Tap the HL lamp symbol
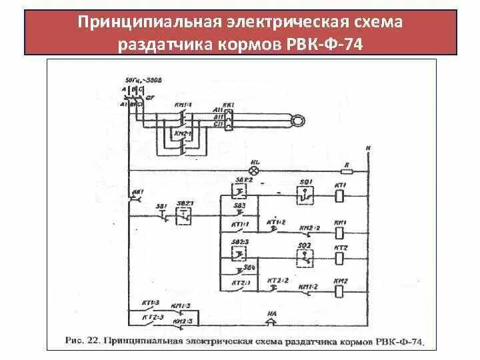[254, 170]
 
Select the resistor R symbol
[347, 170]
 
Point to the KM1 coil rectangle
[339, 233]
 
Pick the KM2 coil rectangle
[339, 291]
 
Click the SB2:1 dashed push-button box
[183, 215]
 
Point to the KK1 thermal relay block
[229, 120]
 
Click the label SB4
[249, 267]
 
